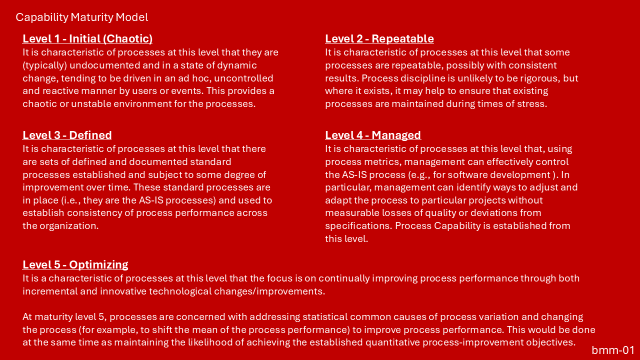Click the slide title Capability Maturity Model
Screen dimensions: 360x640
click(x=81, y=17)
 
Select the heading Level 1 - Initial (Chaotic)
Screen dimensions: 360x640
click(x=87, y=39)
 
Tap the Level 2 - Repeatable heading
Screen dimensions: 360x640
click(x=379, y=39)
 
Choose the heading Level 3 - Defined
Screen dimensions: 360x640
click(x=67, y=135)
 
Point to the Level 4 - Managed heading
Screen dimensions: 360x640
click(x=372, y=135)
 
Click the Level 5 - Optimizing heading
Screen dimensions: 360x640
click(x=75, y=265)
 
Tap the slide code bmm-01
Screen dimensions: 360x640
click(x=613, y=350)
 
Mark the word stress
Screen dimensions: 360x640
click(x=532, y=104)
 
